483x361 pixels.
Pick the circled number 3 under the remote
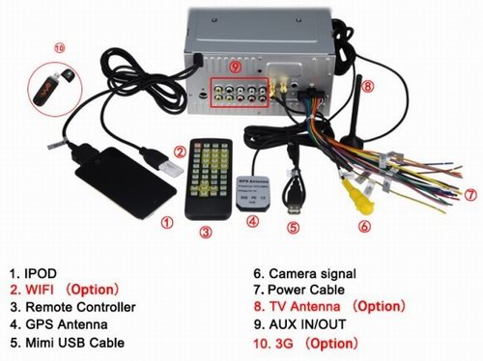(205, 231)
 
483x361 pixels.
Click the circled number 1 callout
(166, 222)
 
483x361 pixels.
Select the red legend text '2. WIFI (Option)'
(65, 289)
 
